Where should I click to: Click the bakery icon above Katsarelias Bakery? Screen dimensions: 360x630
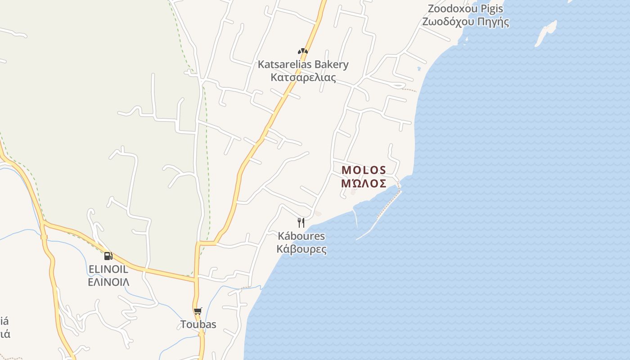(x=303, y=51)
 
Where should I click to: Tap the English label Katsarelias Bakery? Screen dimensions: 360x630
(x=303, y=64)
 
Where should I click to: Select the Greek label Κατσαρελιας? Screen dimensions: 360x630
(x=303, y=77)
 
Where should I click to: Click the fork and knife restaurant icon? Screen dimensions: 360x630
(x=301, y=222)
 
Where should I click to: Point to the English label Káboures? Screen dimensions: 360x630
(x=301, y=236)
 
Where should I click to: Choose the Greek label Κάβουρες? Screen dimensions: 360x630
(x=301, y=249)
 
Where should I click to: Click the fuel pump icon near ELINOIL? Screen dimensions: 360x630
(x=108, y=256)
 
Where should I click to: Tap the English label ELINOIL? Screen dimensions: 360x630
(x=108, y=269)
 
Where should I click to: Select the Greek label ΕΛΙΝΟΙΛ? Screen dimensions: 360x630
(x=108, y=282)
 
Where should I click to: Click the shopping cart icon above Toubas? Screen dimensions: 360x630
(x=198, y=311)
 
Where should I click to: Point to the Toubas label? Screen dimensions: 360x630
(x=198, y=324)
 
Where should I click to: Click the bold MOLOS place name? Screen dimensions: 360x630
(x=364, y=170)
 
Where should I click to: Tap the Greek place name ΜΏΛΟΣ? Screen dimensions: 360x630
(x=364, y=183)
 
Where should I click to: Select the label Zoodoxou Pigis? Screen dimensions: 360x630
(x=465, y=9)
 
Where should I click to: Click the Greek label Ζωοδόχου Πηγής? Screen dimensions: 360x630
(x=465, y=22)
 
